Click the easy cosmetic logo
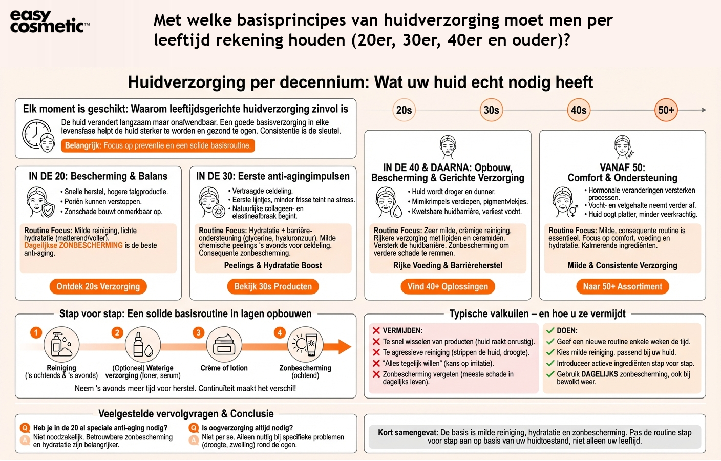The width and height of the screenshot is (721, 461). coord(49,22)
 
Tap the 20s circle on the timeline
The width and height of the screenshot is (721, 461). coord(404,110)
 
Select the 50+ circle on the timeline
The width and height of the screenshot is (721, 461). coord(666,110)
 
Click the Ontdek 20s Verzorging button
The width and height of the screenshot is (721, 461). coord(98,286)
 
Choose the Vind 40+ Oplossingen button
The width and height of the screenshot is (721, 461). coord(448,286)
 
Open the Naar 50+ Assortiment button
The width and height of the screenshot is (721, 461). coord(622,286)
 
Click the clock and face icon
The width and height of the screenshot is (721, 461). coord(38,136)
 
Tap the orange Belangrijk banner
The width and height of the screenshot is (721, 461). coord(158,145)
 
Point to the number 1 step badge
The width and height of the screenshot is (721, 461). coord(36,332)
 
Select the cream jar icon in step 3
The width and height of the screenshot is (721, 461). coord(224,345)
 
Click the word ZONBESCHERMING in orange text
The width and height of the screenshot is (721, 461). coord(91,245)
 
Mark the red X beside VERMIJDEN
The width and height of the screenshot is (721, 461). coord(376,331)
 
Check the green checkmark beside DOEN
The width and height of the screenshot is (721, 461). coord(550,331)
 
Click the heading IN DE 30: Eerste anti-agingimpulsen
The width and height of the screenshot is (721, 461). coord(273,176)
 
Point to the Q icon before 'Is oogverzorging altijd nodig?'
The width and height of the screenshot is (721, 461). coord(194,428)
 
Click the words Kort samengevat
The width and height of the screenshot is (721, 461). coord(408,432)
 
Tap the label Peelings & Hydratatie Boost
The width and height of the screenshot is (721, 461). coord(273,265)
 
